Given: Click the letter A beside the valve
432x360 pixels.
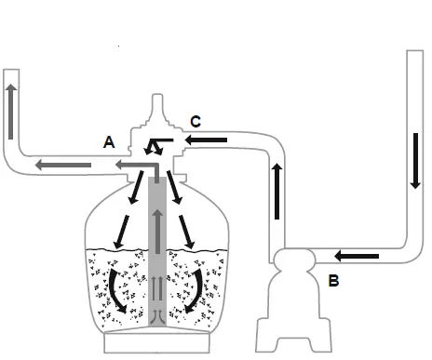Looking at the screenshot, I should click(109, 142).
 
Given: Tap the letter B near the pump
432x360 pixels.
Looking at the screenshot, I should click(333, 278).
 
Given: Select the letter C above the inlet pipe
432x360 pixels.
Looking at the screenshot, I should click(195, 121).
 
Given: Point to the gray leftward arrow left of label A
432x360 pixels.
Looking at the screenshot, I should click(64, 166).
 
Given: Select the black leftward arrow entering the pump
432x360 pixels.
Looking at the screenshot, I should click(357, 254).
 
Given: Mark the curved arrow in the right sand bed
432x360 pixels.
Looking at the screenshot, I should click(196, 291).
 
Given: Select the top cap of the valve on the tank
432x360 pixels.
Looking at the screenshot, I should click(158, 107).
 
